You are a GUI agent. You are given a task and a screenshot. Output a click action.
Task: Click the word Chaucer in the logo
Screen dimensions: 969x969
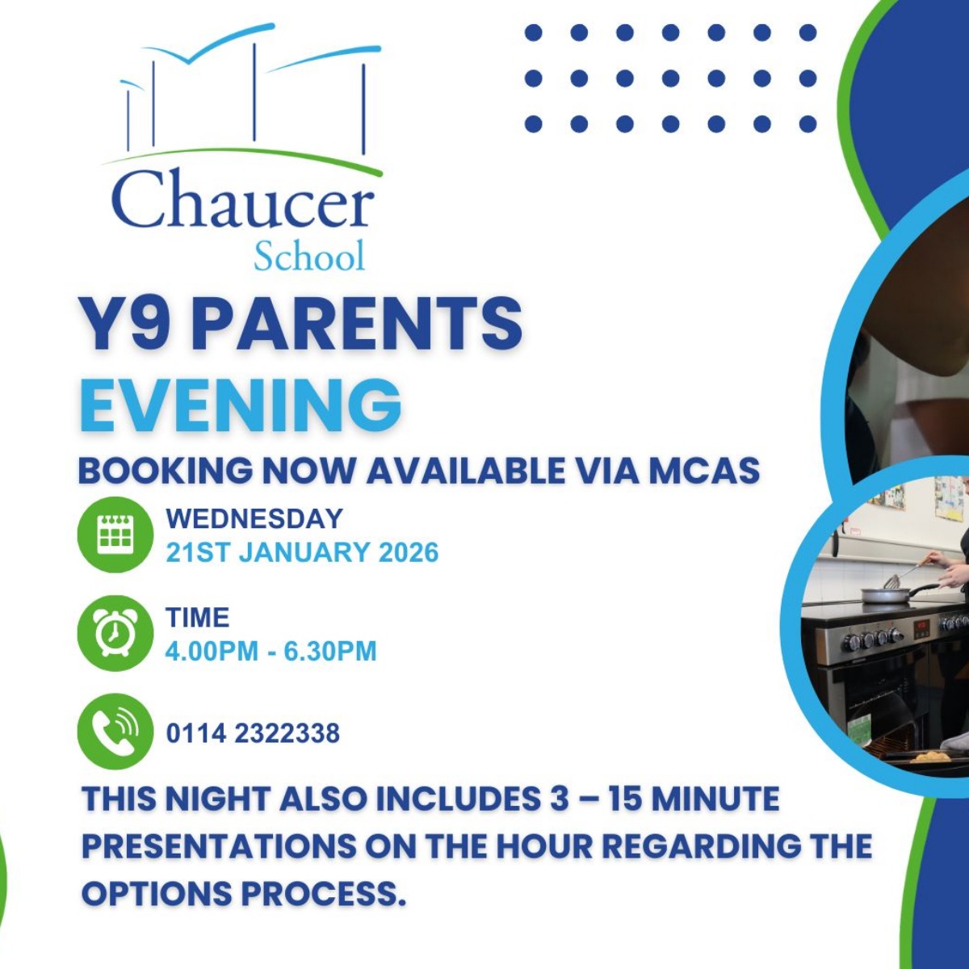(x=242, y=199)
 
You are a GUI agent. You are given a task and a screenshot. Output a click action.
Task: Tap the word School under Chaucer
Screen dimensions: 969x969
(x=309, y=257)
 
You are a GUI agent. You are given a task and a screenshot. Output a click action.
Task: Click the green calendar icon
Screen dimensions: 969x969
(x=115, y=535)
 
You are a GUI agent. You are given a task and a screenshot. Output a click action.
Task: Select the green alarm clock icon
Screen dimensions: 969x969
(x=115, y=634)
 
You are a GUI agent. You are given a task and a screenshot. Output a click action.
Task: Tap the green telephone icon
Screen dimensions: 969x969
(x=115, y=732)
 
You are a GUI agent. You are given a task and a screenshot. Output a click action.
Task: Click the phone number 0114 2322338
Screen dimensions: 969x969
(x=253, y=733)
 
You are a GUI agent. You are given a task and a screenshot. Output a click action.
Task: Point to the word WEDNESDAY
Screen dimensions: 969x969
(x=254, y=518)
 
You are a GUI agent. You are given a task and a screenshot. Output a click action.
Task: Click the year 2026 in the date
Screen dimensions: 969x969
(x=409, y=553)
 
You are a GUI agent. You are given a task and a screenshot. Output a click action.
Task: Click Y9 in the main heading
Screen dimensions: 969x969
(x=125, y=323)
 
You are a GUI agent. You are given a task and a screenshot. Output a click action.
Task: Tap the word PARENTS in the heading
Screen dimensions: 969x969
(x=357, y=323)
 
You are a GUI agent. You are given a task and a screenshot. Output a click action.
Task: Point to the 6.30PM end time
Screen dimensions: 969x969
(x=330, y=651)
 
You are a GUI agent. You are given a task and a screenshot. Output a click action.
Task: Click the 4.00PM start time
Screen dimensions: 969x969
(x=212, y=651)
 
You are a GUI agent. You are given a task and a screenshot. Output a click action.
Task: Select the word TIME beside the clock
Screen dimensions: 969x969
(x=198, y=618)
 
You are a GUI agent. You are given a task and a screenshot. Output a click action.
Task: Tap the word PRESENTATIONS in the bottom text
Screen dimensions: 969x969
(x=219, y=846)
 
